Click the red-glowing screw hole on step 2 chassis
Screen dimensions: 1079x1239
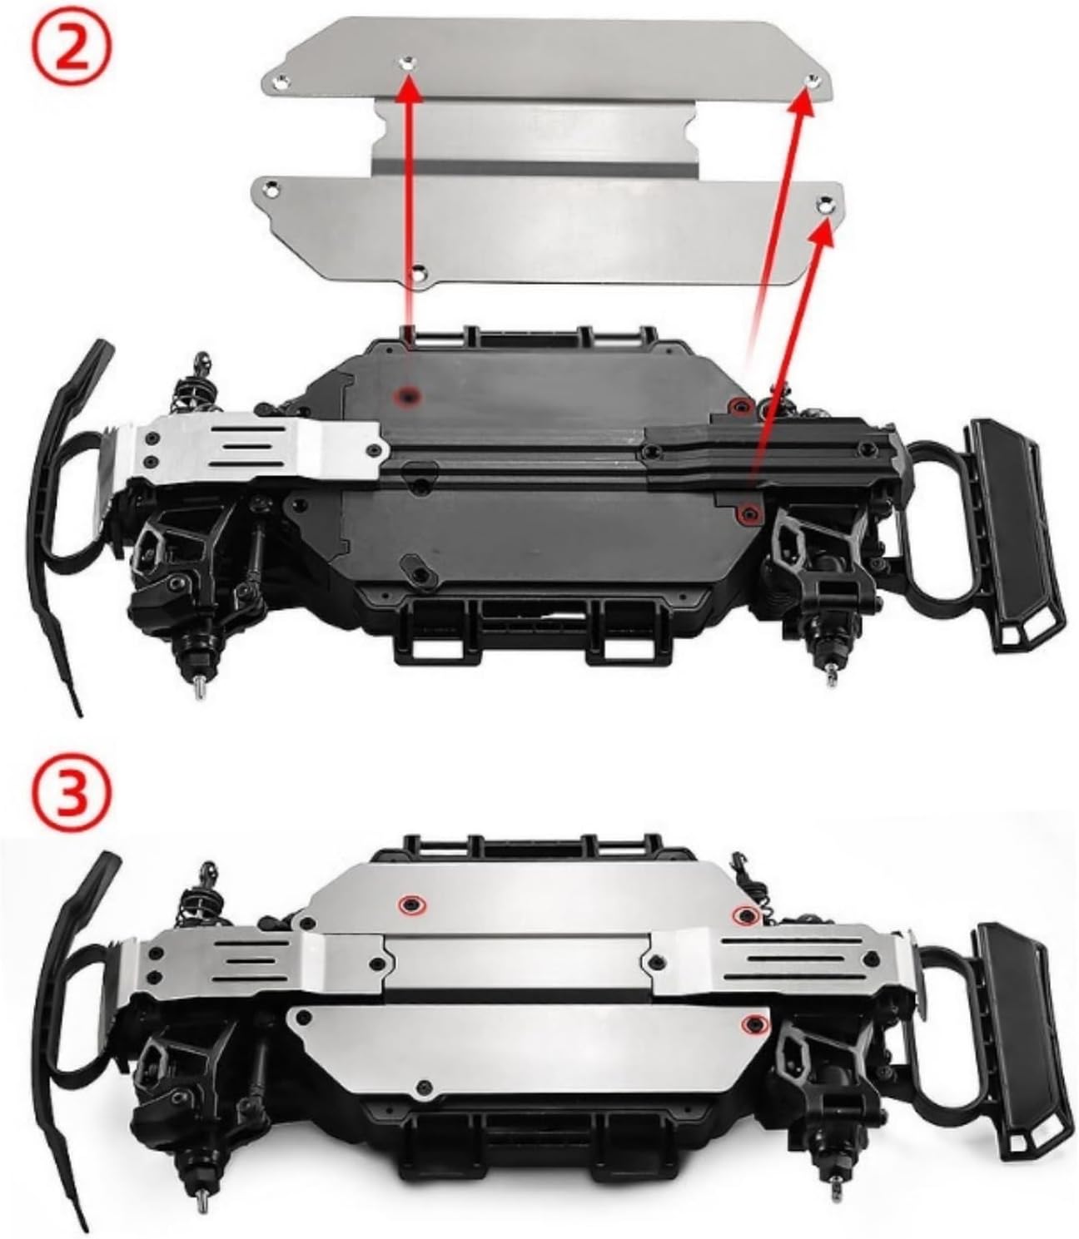point(408,395)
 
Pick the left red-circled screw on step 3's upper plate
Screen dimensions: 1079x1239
point(411,904)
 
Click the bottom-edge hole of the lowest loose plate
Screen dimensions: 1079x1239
point(417,274)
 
